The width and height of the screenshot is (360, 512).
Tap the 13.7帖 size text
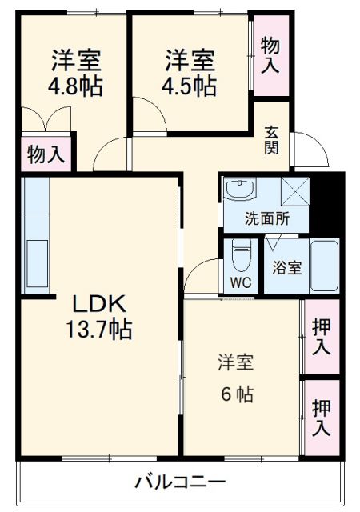(100, 329)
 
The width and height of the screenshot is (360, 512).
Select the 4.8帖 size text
(76, 86)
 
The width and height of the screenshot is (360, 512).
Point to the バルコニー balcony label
(179, 482)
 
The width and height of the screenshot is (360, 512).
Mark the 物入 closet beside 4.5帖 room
(271, 54)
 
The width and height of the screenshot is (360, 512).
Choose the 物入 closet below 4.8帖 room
(45, 154)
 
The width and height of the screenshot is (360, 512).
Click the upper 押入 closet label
(322, 337)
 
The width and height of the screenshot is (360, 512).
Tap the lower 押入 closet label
(322, 417)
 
